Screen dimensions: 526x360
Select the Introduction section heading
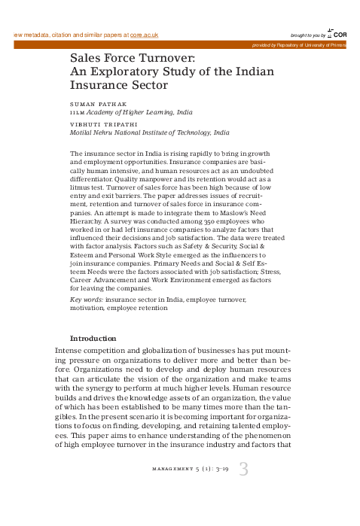pos(93,338)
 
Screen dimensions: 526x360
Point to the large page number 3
pos(243,470)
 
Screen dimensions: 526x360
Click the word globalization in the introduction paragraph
pos(158,351)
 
